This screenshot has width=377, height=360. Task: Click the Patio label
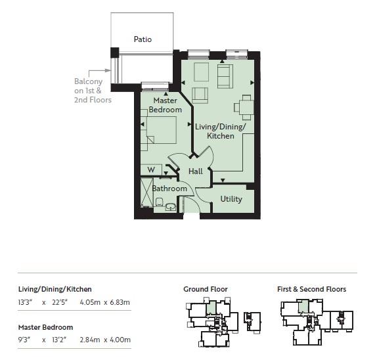coord(143,39)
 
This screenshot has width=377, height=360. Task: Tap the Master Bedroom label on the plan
coord(164,105)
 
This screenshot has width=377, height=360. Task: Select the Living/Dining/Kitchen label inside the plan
coord(221,131)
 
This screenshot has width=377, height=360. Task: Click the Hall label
coord(196,171)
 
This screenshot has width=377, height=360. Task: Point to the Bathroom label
coord(169,189)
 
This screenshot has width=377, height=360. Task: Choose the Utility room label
coord(231,199)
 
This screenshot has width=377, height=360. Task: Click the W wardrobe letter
coord(150,170)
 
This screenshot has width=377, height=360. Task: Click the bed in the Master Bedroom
coord(162,130)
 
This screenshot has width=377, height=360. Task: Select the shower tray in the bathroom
coord(146,192)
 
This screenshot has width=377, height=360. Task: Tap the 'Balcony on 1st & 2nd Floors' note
coord(92,91)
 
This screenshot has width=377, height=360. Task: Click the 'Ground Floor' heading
coord(206,289)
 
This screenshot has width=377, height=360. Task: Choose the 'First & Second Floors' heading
coord(311,289)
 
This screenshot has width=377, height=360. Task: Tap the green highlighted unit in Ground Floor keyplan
coord(211,307)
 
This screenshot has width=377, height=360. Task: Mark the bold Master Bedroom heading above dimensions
coord(45,327)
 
